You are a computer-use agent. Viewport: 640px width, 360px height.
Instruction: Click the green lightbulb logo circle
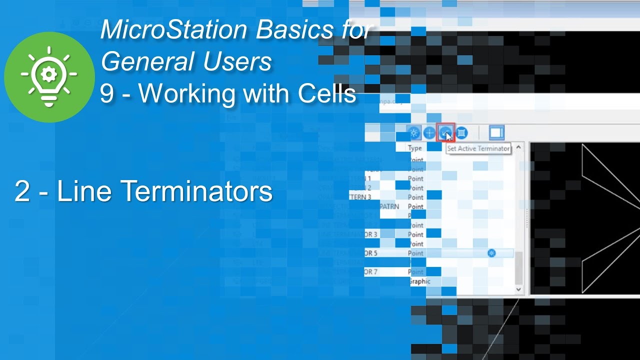click(49, 76)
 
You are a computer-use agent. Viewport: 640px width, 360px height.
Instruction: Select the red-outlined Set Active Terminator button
click(445, 133)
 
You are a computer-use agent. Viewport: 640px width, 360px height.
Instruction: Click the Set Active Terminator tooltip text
click(478, 148)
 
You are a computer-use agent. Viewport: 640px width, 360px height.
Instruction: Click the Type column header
click(415, 148)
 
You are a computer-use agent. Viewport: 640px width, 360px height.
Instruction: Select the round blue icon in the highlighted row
click(492, 253)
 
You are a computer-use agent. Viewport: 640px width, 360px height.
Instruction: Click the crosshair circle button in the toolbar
click(429, 133)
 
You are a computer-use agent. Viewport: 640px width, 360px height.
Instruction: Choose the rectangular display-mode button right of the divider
click(496, 133)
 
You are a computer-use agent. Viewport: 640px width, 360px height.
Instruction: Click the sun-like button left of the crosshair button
click(413, 133)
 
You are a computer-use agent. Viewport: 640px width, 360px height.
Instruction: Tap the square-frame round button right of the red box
click(461, 133)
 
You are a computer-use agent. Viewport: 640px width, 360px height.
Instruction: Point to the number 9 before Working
click(106, 93)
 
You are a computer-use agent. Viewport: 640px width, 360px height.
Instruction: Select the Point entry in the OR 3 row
click(415, 234)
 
